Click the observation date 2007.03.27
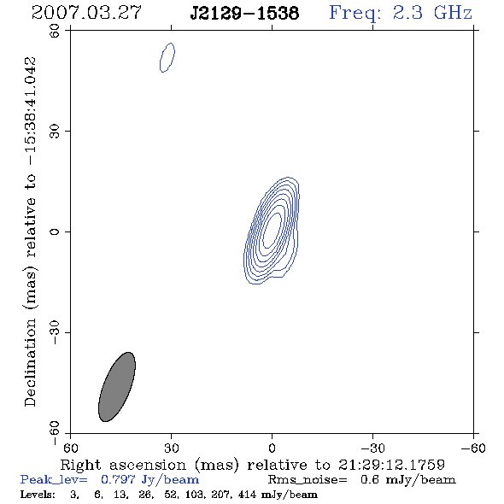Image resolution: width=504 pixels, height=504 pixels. (x=86, y=13)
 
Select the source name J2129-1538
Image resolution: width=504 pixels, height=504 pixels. (x=244, y=14)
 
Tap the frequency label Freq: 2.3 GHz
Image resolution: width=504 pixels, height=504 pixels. (x=401, y=13)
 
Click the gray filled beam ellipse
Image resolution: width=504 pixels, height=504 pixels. (x=117, y=387)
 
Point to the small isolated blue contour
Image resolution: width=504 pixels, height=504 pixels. (x=167, y=57)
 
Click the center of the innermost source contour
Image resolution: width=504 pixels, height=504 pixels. (x=273, y=230)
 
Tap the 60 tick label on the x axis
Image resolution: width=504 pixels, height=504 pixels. (x=70, y=448)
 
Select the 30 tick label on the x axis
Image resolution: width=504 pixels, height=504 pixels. (x=172, y=448)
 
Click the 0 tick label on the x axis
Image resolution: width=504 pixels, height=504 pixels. (x=272, y=448)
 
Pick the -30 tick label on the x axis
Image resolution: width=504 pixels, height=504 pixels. (x=372, y=448)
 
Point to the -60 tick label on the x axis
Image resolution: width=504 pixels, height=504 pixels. (x=473, y=448)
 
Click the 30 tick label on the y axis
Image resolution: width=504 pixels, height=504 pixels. (x=55, y=132)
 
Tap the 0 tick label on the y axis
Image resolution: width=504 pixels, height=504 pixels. (x=55, y=231)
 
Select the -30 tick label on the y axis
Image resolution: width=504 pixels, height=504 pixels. (x=55, y=332)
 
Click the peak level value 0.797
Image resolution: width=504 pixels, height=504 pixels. (x=118, y=479)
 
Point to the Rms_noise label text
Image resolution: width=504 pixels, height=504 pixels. (x=308, y=480)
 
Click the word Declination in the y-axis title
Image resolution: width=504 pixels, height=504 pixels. (x=30, y=362)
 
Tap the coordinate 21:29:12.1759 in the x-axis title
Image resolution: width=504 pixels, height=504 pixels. (x=391, y=465)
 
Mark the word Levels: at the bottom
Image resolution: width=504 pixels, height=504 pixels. (x=38, y=494)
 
